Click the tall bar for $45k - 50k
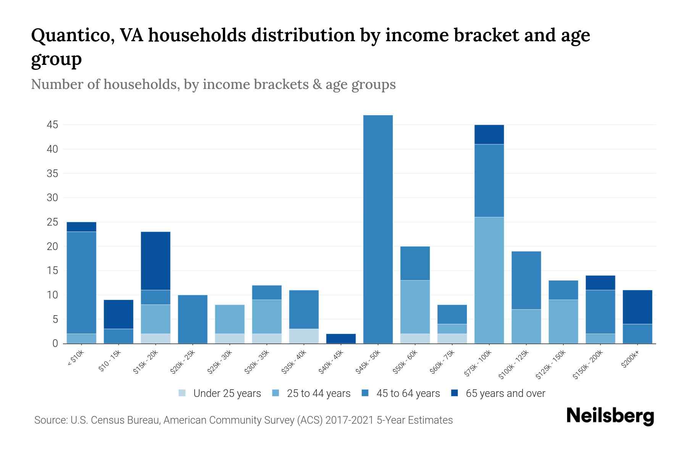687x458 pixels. coord(378,229)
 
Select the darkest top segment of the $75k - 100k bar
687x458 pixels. coord(489,135)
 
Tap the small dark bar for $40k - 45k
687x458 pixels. coord(341,339)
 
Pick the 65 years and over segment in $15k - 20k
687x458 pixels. coord(156,261)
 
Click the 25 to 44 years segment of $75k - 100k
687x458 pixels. coord(489,280)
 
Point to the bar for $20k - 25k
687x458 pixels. coord(193,319)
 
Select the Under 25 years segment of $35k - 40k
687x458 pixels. coord(304,336)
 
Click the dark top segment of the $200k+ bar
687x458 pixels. coord(637,307)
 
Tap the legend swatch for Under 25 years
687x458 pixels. coord(182,393)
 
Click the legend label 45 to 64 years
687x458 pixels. coord(408,393)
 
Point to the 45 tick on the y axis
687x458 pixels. coord(52,125)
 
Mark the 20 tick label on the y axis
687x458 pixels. coord(52,247)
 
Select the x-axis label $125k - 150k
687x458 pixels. coord(550,365)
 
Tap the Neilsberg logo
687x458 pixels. coord(610,416)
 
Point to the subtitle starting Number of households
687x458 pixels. coord(213,84)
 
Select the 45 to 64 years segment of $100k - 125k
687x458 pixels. coord(526,280)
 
